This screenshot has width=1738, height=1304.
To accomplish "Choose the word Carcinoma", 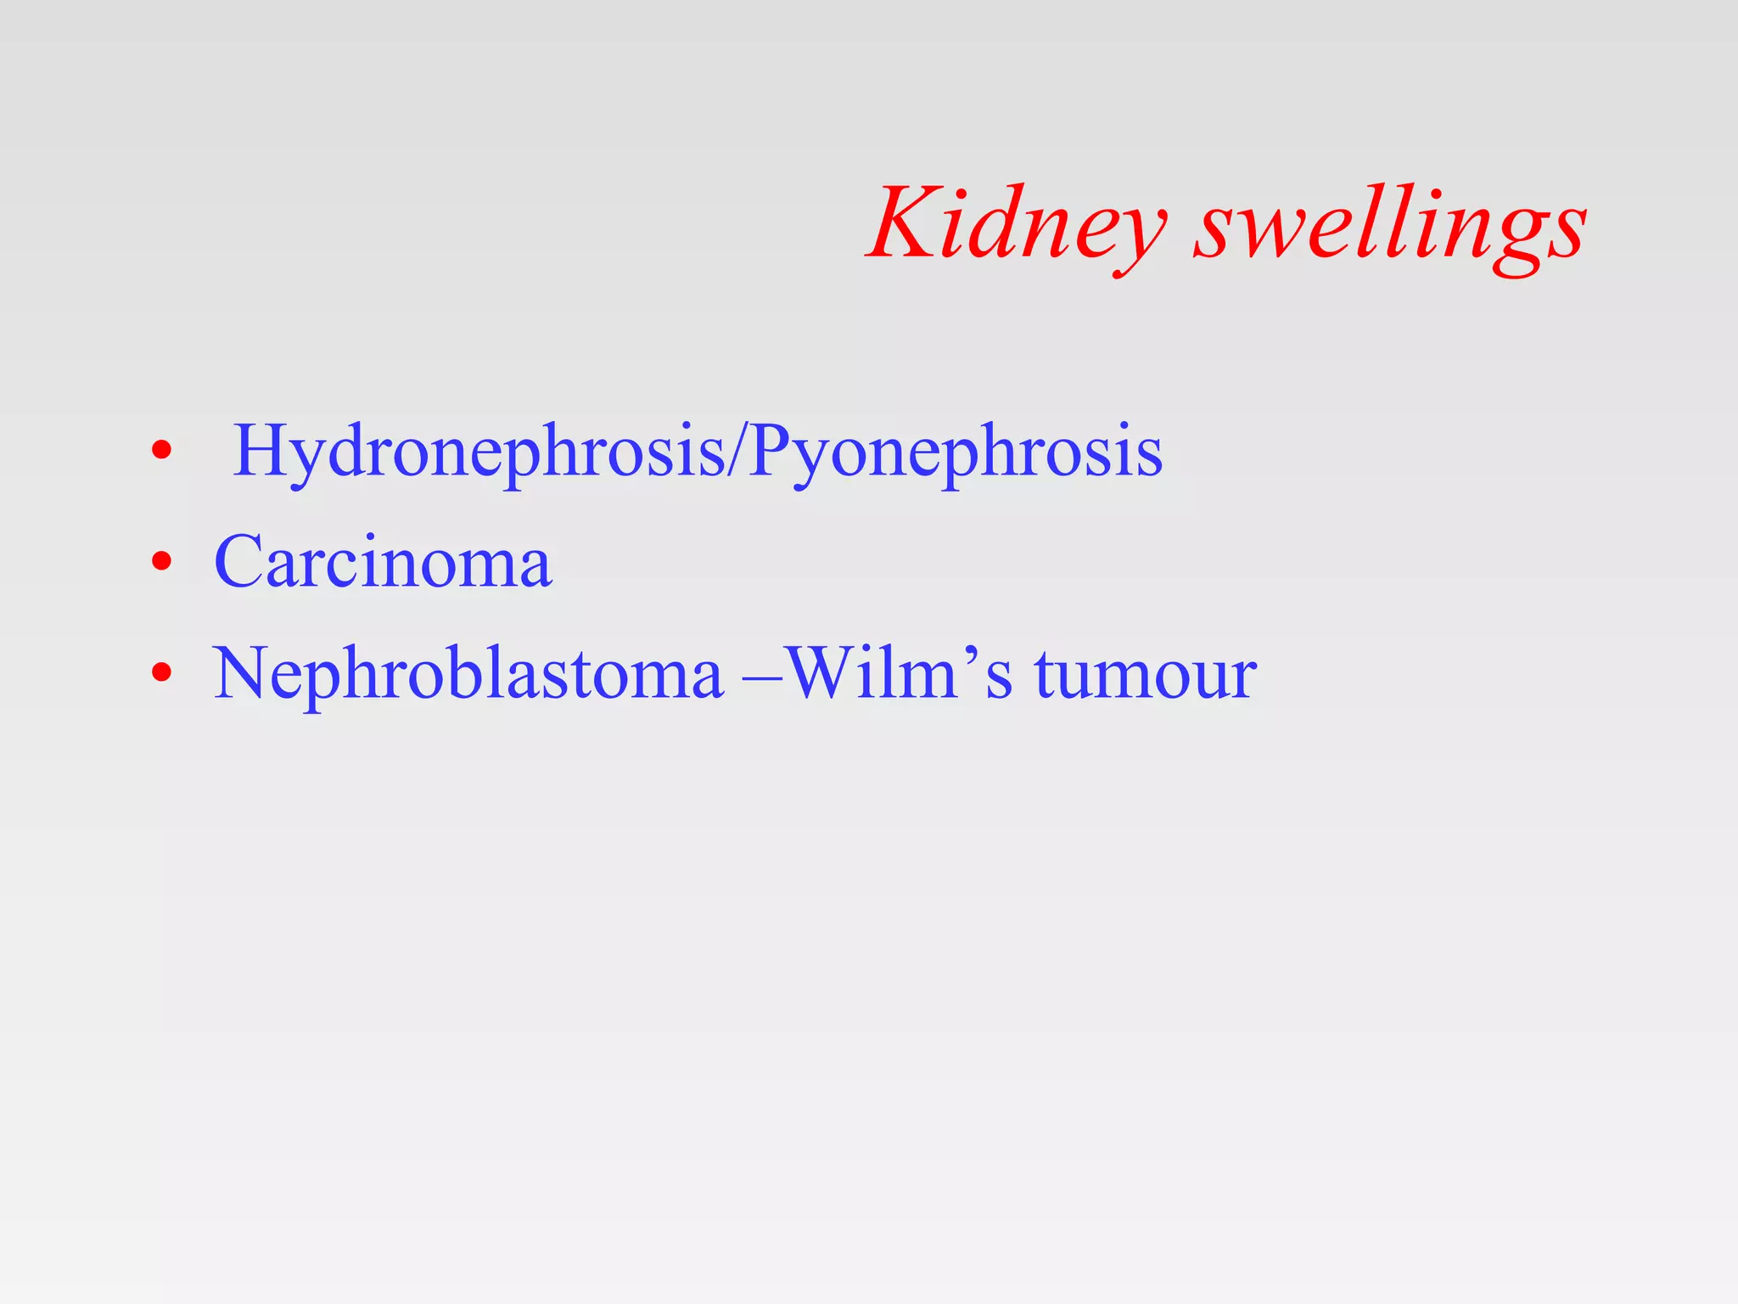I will (x=383, y=561).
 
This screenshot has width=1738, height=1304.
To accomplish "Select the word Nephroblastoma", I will (x=468, y=673).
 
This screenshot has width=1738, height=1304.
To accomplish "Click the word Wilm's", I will (x=900, y=673).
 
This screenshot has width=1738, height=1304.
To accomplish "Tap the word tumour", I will (x=1146, y=675).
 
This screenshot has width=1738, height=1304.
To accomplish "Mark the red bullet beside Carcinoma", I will (x=161, y=561).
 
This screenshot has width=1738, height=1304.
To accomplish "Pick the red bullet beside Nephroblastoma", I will (x=161, y=673).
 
